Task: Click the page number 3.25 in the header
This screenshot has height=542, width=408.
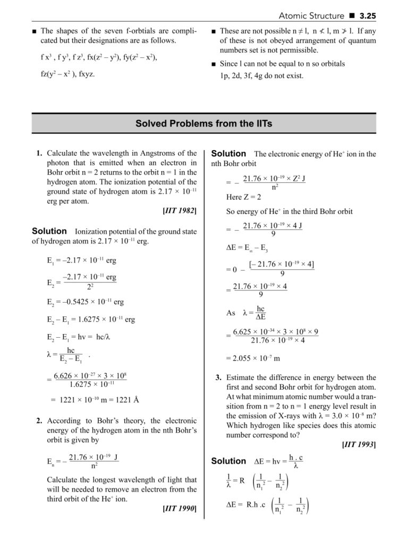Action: tap(367, 16)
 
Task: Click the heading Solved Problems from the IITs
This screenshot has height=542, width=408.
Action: tap(204, 124)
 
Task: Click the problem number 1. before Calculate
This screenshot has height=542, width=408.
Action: tap(40, 154)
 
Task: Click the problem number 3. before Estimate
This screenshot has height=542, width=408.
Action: tap(219, 378)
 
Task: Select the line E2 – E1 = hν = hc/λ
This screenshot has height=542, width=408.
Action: tap(78, 337)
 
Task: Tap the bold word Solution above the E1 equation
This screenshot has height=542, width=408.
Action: tap(49, 231)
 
